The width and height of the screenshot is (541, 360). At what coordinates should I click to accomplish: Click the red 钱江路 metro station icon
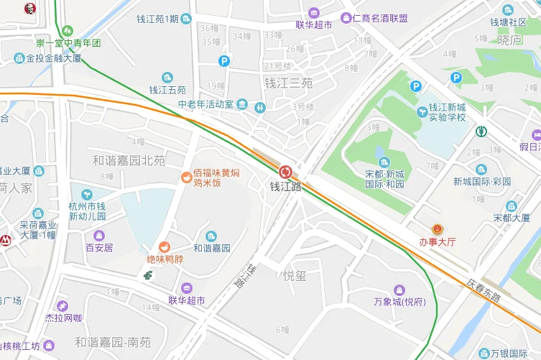285,172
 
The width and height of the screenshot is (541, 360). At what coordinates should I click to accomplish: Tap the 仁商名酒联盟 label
380,18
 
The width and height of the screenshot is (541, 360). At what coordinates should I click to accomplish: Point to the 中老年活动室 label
206,104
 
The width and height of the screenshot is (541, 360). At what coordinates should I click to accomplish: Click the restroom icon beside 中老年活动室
260,106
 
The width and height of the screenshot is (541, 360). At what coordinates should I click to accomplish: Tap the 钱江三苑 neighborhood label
288,83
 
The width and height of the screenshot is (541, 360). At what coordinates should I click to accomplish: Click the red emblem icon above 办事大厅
437,227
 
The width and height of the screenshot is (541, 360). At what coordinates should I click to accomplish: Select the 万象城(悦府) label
400,301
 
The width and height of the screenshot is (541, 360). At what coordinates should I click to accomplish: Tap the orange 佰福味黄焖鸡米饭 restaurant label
216,177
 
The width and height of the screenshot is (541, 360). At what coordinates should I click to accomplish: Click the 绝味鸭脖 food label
165,259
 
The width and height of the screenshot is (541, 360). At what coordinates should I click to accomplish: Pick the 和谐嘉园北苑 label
129,160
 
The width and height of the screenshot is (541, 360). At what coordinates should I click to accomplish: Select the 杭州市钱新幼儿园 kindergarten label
87,211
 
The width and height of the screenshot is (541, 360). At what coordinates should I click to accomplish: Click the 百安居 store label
99,248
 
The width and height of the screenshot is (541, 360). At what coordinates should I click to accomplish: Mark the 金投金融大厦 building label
53,58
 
